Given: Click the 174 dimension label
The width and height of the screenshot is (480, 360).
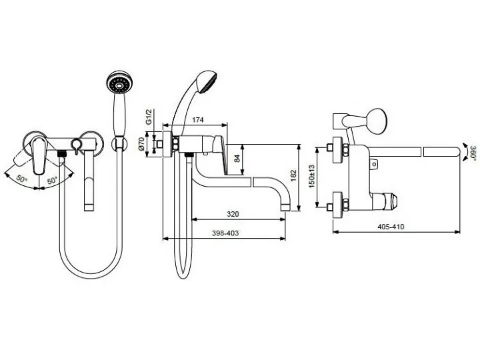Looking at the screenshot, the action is tap(198, 120).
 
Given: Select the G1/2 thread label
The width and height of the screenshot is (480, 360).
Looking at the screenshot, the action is tap(149, 117).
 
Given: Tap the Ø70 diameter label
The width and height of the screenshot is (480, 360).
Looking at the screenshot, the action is tap(141, 143).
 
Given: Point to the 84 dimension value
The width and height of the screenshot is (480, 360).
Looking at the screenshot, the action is tap(237, 159).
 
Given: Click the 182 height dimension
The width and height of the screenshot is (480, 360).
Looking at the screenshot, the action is tap(293, 176).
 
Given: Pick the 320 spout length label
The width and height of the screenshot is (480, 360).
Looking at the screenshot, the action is tap(233, 214).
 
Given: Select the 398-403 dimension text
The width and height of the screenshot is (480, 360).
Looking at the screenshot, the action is tap(225, 233).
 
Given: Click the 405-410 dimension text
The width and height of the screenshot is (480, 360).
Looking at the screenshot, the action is tap(391, 227).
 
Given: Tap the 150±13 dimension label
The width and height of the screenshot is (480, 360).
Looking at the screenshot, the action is tap(311, 176).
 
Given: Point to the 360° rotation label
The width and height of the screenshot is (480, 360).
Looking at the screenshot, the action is tap(473, 153).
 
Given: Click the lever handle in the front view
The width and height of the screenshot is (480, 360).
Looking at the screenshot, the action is tap(39, 155).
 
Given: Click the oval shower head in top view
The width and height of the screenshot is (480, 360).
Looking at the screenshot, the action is tap(377, 121).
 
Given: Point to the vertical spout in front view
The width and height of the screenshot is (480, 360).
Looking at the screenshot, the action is tap(89, 181).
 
